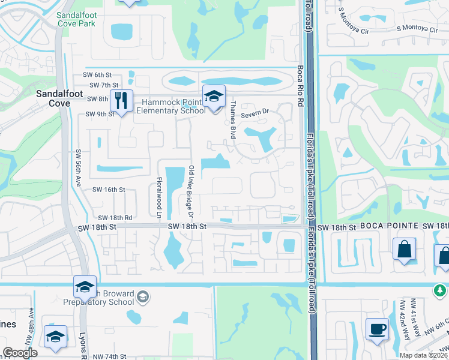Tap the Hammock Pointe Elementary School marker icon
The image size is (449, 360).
tap(212, 97)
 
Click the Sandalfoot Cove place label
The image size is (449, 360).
tap(54, 98)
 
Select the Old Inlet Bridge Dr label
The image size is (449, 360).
tap(191, 191)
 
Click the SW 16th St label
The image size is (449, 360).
tap(108, 189)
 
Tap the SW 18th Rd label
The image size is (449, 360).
tap(115, 217)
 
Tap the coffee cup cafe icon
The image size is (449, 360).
tap(377, 329)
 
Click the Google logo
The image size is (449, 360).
tap(20, 353)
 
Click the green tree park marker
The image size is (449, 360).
tap(440, 290)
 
